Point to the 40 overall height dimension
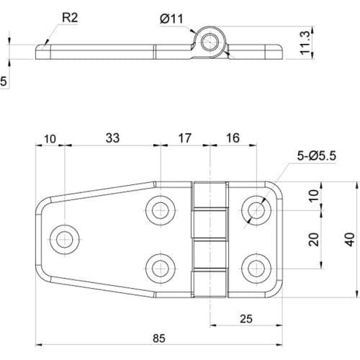[x=348, y=240]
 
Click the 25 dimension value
[x=245, y=319]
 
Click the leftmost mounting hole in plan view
[x=66, y=237]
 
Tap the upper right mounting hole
[x=256, y=210]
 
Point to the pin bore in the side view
[x=210, y=42]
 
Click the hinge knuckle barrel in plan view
[x=210, y=238]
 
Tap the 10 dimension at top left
[x=50, y=138]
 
